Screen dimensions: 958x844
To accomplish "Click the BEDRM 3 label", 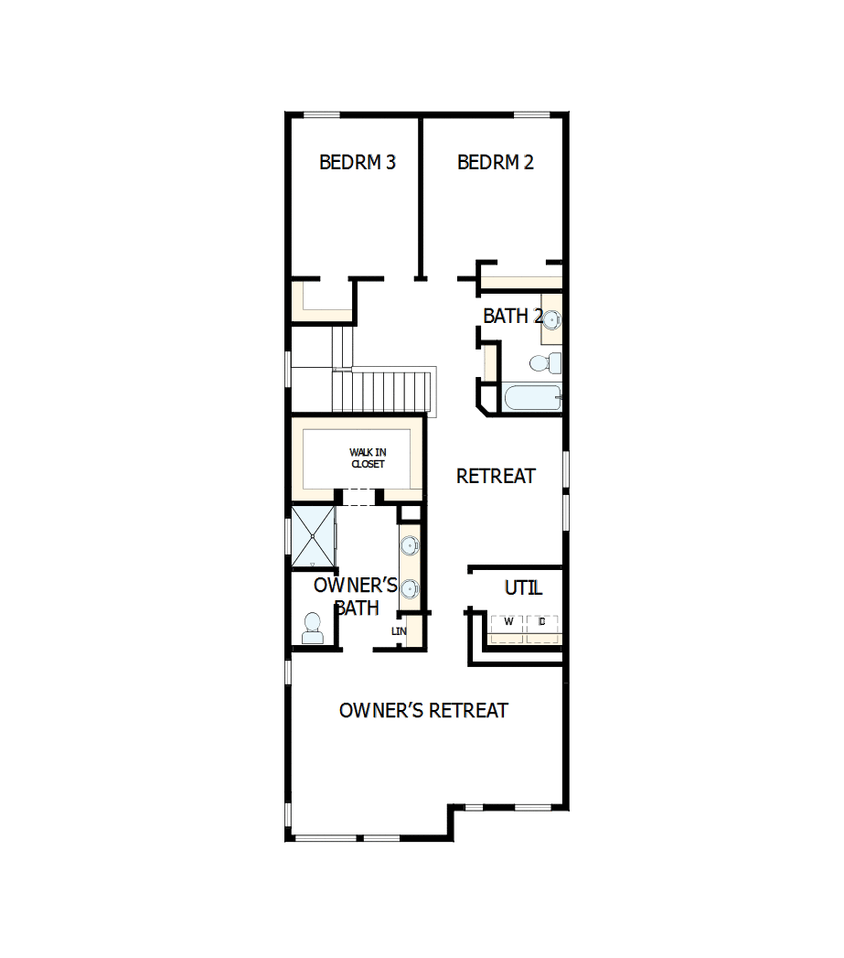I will point(357,163).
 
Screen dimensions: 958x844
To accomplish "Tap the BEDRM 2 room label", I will point(495,163).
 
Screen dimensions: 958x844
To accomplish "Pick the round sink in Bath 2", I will point(551,319).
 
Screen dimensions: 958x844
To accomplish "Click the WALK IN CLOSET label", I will point(367,458).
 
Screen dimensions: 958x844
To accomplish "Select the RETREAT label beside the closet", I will point(496,476).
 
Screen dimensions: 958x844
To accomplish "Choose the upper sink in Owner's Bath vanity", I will point(410,547).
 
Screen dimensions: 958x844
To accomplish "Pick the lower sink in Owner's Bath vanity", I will point(411,588).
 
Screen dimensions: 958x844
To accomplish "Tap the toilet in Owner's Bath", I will point(313,629).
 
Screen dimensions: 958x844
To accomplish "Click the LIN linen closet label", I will point(399,631).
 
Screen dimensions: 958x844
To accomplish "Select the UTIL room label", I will point(523,587).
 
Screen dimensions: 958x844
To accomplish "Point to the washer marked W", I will point(507,622).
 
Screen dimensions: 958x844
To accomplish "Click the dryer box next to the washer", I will point(542,622).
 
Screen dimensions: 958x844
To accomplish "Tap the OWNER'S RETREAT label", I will point(423,711).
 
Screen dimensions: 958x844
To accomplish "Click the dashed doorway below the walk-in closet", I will point(358,497).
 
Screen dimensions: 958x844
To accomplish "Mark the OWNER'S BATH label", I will point(355,597).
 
